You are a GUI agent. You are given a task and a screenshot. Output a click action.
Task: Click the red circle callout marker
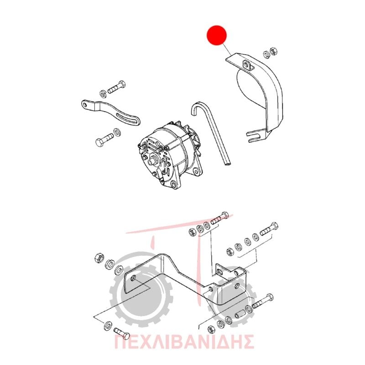coord(216,35)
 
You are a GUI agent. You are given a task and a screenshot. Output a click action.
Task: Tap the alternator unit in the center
coord(169,155)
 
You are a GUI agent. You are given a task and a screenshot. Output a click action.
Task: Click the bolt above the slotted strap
coord(116,88)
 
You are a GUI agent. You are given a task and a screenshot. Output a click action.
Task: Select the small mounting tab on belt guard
coord(248,65)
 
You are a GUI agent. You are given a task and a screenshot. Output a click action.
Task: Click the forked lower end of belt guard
coord(256,136)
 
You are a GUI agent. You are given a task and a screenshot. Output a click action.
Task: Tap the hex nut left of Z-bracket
coord(99,258)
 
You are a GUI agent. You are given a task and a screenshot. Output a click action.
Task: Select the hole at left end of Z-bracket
coord(134,278)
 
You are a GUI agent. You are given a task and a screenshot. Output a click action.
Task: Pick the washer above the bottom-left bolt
coord(108,326)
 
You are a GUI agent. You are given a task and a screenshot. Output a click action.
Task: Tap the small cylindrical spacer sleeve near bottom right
coord(240,313)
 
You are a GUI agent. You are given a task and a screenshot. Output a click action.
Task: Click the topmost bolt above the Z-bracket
coord(219,217)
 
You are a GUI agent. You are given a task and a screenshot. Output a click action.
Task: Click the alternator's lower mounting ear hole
coord(173,185)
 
